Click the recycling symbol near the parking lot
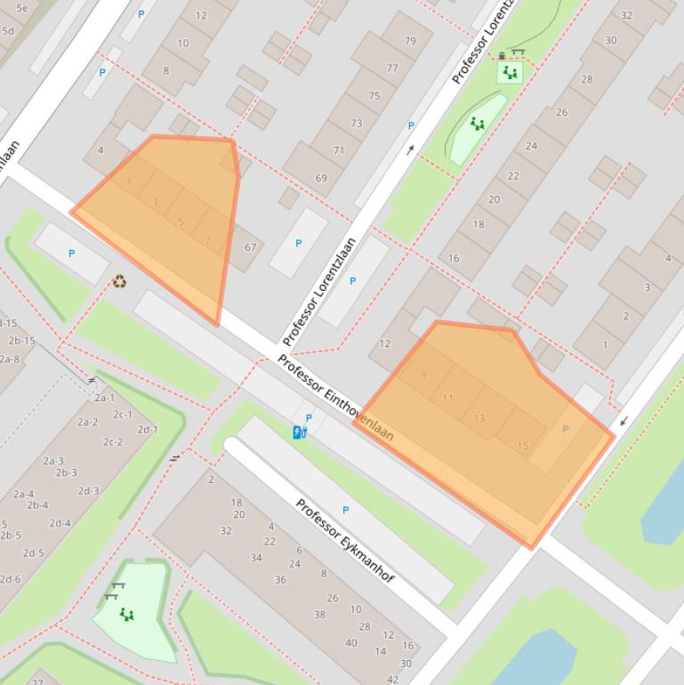[119, 282]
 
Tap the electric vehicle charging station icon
[300, 432]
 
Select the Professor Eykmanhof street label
[345, 542]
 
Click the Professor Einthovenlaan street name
[335, 398]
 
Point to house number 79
[410, 41]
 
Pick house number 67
[250, 248]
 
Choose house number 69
[320, 178]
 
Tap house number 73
[357, 124]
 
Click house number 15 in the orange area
[522, 446]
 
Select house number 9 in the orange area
[423, 375]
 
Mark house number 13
[479, 418]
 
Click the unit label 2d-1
[147, 430]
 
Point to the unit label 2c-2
[113, 442]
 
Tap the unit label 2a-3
[53, 461]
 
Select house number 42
[393, 680]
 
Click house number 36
[280, 579]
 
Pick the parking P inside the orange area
[566, 429]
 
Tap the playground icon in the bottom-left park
[126, 614]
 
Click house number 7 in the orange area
[208, 240]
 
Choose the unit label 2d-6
[11, 580]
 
